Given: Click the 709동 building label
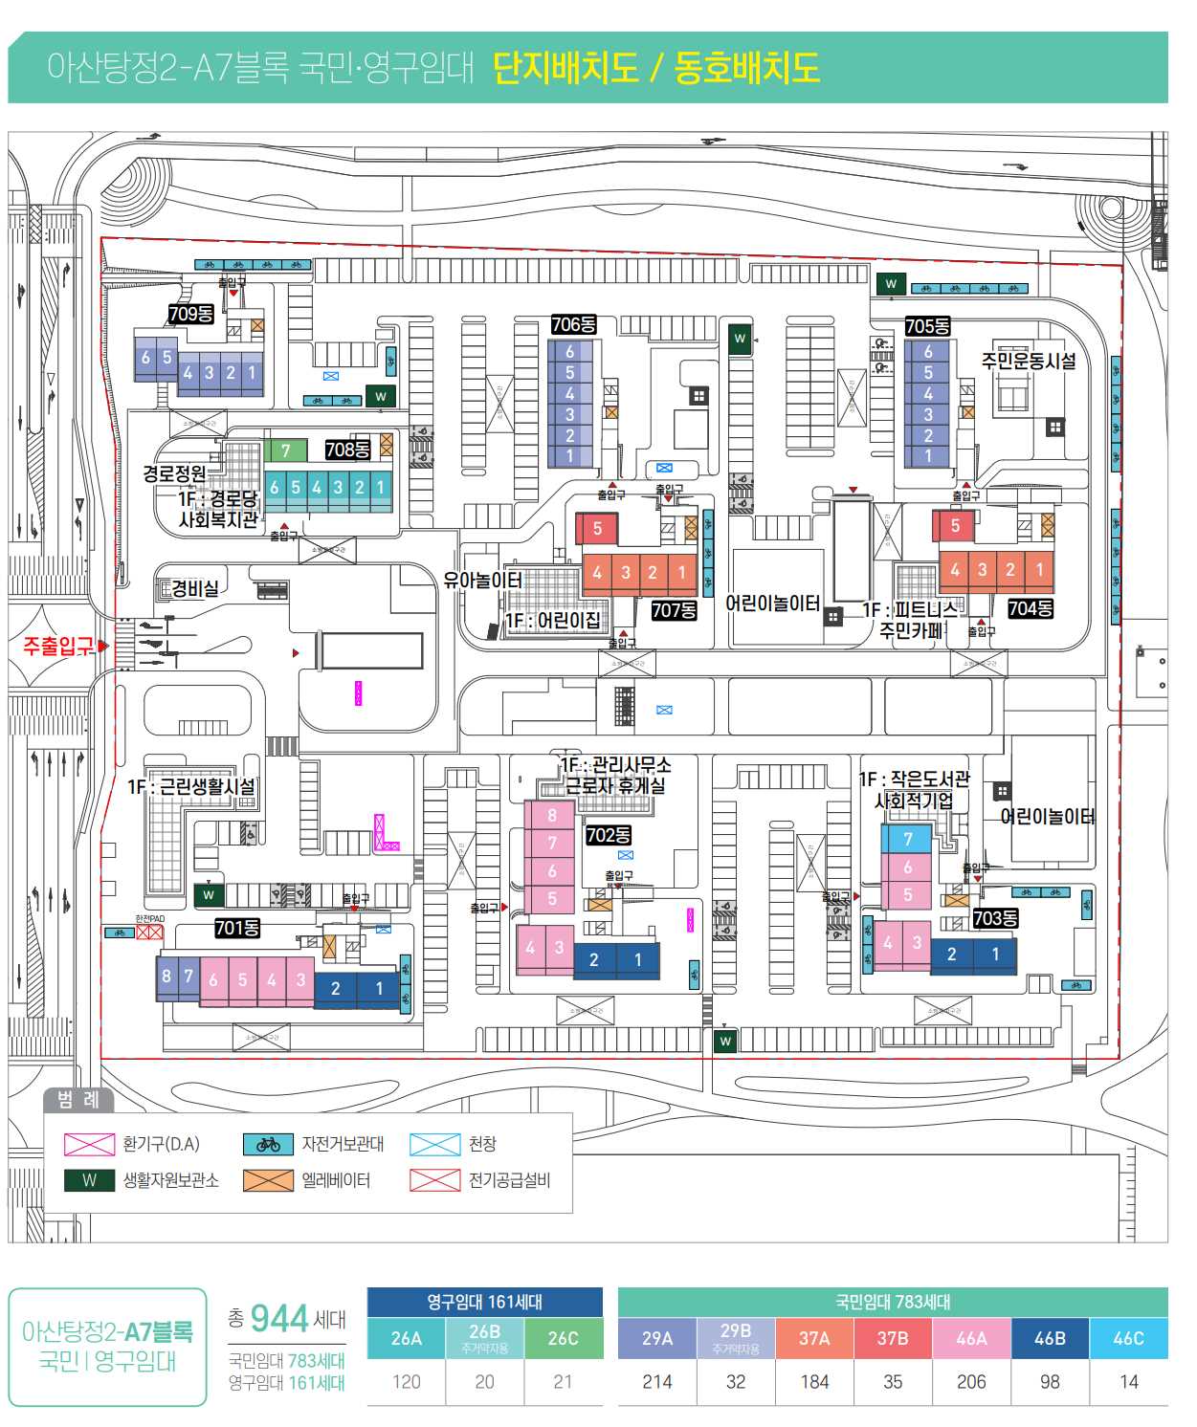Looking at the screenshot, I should point(190,314).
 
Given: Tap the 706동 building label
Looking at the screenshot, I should point(573,324).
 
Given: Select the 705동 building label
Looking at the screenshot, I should point(927,326).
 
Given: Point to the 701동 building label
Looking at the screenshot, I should point(236,928).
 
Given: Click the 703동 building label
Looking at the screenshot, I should point(995,918).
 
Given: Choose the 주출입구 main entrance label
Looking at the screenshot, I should point(58,647).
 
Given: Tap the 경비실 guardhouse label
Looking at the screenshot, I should point(195,588).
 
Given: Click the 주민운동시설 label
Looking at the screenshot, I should point(1029,361).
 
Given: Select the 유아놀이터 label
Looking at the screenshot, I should point(482,580).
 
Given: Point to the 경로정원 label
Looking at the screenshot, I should point(174,473).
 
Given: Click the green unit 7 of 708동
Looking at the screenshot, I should point(286,450).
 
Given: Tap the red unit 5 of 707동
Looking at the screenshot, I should point(598,528).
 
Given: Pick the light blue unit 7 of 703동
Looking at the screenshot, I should point(908,839).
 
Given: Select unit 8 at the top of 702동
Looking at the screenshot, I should point(552,816).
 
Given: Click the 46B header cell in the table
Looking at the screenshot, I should point(1050,1338).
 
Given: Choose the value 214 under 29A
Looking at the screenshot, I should point(657,1381).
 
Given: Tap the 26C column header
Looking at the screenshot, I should point(563,1338).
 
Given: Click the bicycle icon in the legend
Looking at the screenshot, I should point(268,1144).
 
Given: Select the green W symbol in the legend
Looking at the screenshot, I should point(89,1180).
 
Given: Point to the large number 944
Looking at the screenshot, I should point(279,1319).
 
